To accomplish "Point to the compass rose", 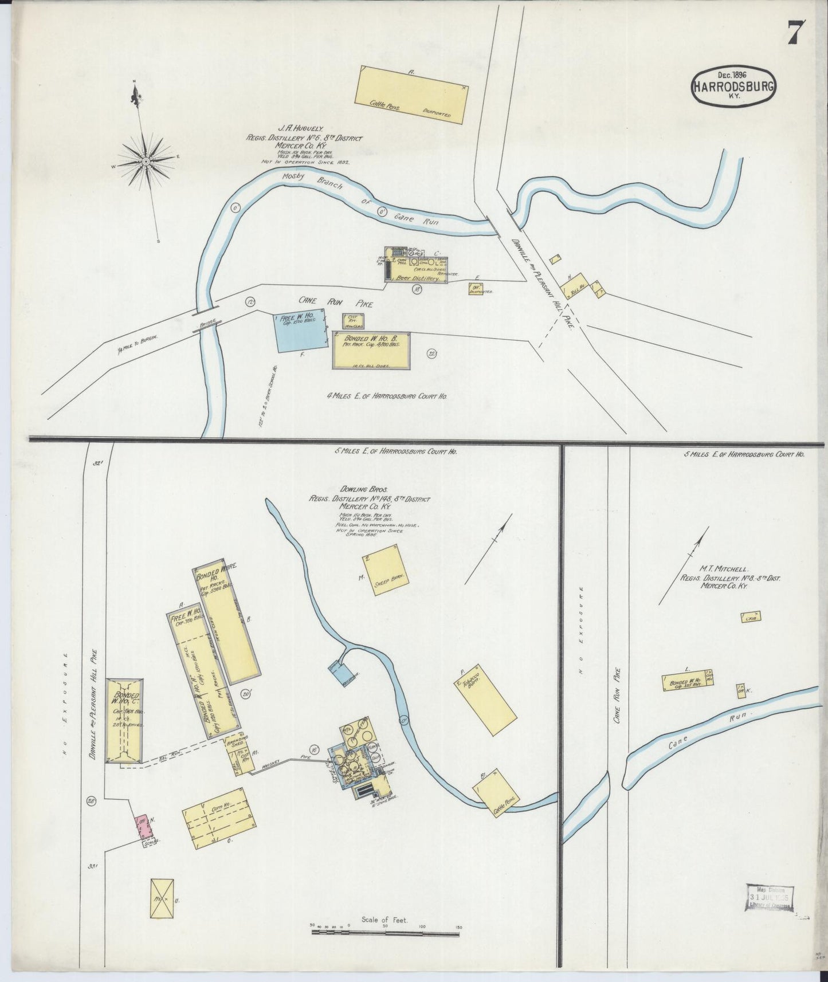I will pos(146,161).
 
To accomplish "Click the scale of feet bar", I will pos(385,933).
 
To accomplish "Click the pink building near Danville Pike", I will pos(143,827).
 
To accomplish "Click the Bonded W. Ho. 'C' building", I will pos(125,720).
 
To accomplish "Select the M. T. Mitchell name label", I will pos(723,569).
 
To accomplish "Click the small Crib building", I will pos(749,618).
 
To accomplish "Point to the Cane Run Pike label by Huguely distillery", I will pos(336,301).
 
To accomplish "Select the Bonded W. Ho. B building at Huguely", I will pos(371,350).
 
